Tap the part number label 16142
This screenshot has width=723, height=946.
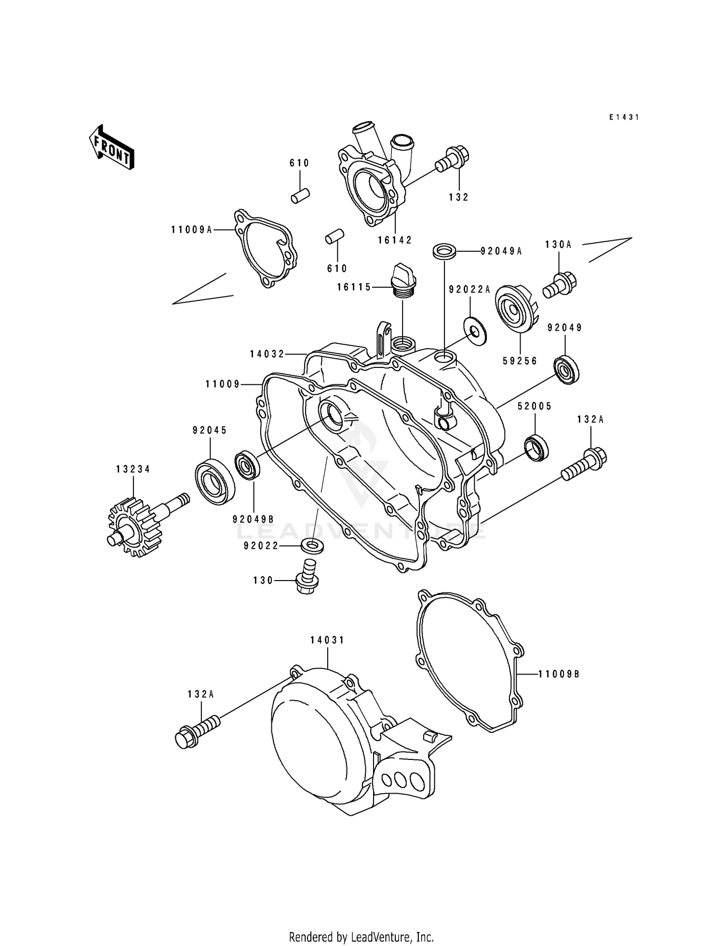click(395, 240)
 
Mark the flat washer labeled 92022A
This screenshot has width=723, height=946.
click(475, 329)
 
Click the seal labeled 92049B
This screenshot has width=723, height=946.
click(247, 465)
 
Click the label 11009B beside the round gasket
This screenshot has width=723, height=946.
click(559, 674)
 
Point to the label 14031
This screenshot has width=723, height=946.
click(327, 640)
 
